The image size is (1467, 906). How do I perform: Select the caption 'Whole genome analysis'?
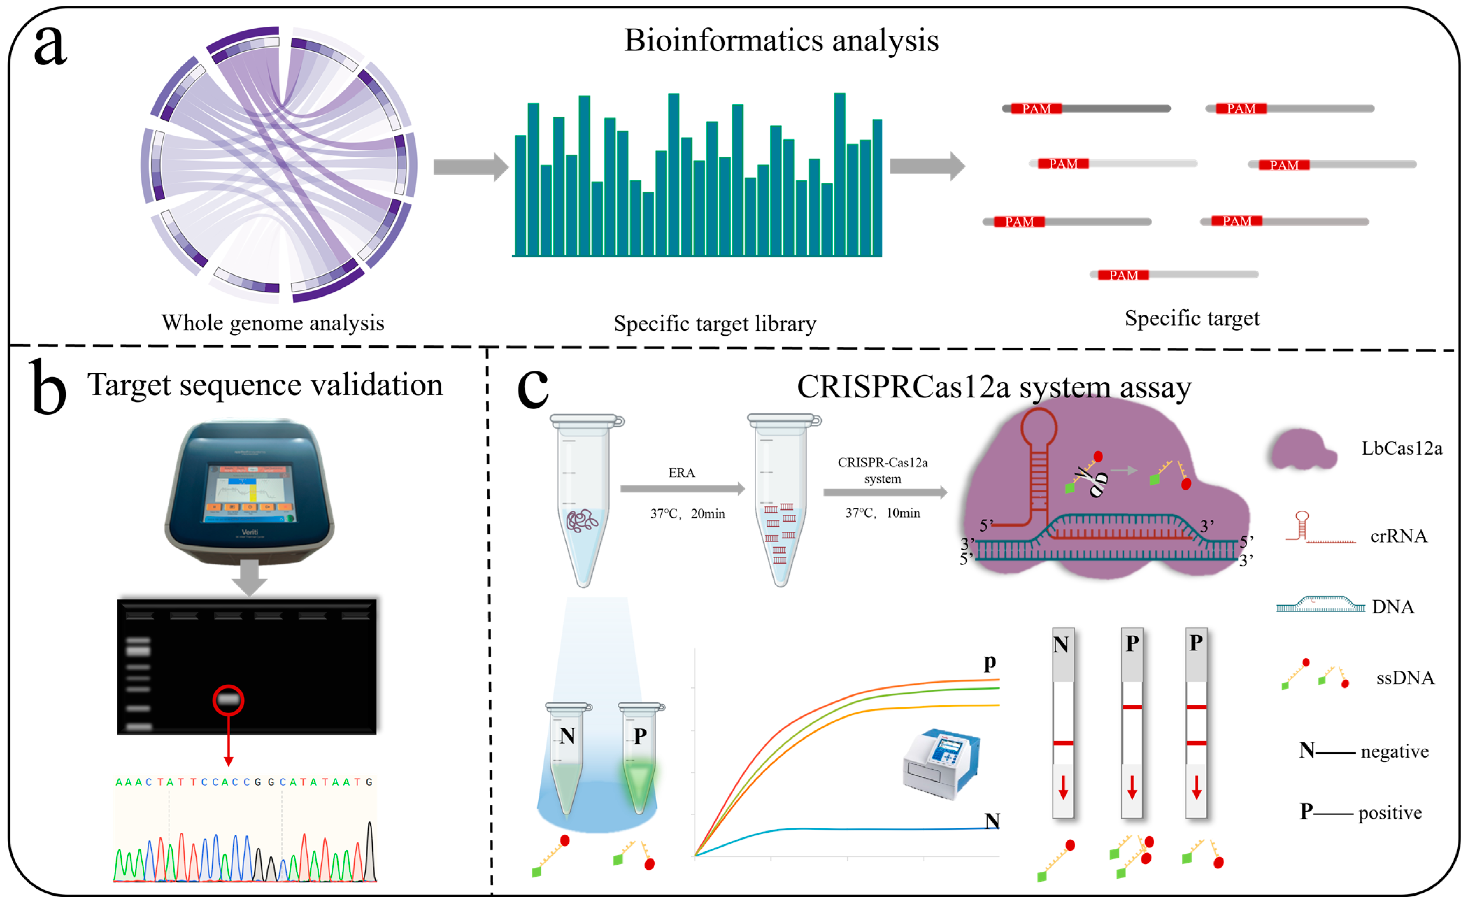tap(273, 323)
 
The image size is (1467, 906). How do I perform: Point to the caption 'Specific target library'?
tap(714, 323)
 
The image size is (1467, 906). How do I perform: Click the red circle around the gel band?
tap(228, 700)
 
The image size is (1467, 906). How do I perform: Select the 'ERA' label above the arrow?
tap(681, 473)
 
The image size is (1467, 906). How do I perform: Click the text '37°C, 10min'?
tap(882, 513)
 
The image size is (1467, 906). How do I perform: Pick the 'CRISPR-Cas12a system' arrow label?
tap(882, 470)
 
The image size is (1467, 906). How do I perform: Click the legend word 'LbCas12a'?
tap(1401, 448)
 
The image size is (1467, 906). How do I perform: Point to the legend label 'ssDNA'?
tap(1405, 678)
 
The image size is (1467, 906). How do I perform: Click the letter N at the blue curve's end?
tap(992, 820)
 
